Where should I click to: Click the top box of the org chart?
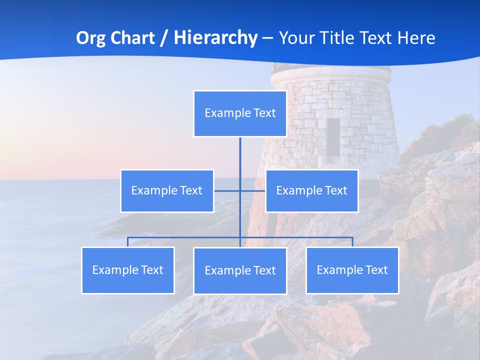click(240, 113)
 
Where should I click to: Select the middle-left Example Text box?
click(167, 190)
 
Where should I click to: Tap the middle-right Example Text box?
click(311, 190)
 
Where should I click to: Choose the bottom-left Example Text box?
click(128, 270)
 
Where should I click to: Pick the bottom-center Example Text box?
click(240, 270)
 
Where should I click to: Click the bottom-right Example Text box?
click(352, 270)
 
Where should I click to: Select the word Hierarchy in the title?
click(215, 38)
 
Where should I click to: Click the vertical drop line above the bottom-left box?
click(128, 242)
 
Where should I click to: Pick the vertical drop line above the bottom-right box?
click(352, 242)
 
